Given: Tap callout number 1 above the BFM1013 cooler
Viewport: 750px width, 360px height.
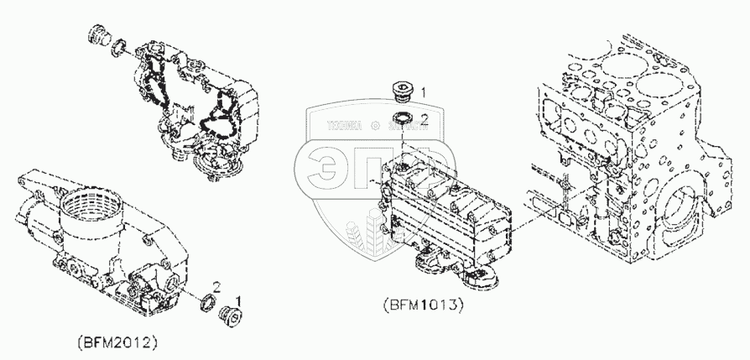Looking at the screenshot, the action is coord(424,91).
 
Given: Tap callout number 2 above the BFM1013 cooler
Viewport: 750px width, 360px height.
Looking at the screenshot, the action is coord(424,120).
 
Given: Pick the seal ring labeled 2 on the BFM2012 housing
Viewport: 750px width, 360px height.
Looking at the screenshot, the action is coord(207,301).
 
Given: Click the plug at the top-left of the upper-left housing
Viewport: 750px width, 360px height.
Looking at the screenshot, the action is coord(99,39).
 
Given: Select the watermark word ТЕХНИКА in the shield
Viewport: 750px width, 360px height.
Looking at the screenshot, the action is coord(339,128).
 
